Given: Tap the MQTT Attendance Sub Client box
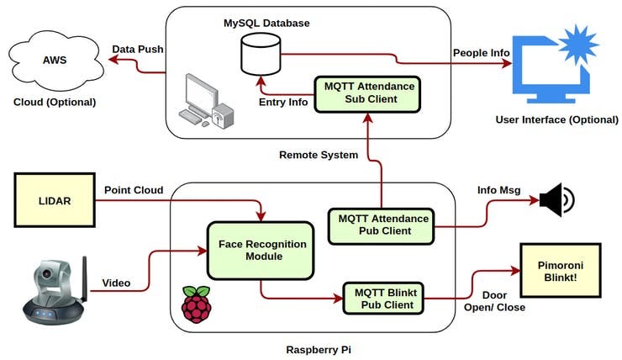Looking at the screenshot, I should click(x=366, y=93).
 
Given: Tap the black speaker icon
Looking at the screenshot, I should click(x=556, y=201).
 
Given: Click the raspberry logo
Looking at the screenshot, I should click(x=196, y=304).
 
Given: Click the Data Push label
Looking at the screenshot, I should click(x=137, y=49).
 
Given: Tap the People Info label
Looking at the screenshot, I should click(x=481, y=52).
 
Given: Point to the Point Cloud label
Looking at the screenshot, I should click(x=134, y=189).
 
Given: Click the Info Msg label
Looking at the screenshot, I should click(x=498, y=190).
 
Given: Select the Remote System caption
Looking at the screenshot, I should click(x=319, y=155).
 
